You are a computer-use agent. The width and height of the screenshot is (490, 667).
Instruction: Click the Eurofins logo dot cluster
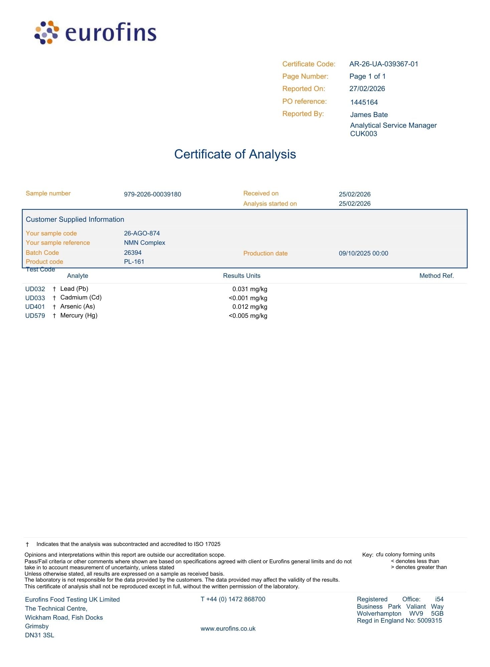click(47, 32)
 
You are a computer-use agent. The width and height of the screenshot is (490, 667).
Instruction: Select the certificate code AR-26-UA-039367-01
click(383, 64)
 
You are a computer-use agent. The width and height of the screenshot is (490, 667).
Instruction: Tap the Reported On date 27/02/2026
click(367, 89)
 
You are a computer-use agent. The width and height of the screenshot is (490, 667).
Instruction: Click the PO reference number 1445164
click(364, 102)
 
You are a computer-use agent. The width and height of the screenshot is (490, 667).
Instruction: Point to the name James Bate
click(369, 115)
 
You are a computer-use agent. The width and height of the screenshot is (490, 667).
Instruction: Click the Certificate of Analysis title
click(235, 154)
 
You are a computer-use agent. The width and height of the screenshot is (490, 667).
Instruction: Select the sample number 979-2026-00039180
click(152, 194)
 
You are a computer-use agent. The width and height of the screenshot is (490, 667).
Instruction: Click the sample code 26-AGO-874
click(142, 233)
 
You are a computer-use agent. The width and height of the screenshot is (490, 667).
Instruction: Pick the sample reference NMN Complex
click(144, 243)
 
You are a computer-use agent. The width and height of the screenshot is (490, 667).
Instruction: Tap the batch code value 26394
click(133, 253)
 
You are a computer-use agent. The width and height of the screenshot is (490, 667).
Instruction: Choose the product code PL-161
click(134, 262)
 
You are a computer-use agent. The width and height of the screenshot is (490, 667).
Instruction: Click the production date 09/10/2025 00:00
click(363, 253)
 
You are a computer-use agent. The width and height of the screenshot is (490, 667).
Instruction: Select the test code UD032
click(35, 289)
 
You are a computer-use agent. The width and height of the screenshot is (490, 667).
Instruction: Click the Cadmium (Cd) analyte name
click(81, 297)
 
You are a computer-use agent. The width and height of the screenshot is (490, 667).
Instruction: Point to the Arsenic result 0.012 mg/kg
click(250, 307)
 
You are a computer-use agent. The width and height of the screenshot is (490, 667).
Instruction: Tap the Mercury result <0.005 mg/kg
click(248, 316)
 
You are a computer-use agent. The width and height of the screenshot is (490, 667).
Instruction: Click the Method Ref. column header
click(436, 276)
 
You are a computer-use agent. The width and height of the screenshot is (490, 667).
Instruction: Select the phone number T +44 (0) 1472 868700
click(233, 599)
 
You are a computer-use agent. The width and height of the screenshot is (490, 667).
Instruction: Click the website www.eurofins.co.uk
click(228, 629)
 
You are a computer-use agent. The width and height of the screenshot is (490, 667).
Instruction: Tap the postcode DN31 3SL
click(39, 635)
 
